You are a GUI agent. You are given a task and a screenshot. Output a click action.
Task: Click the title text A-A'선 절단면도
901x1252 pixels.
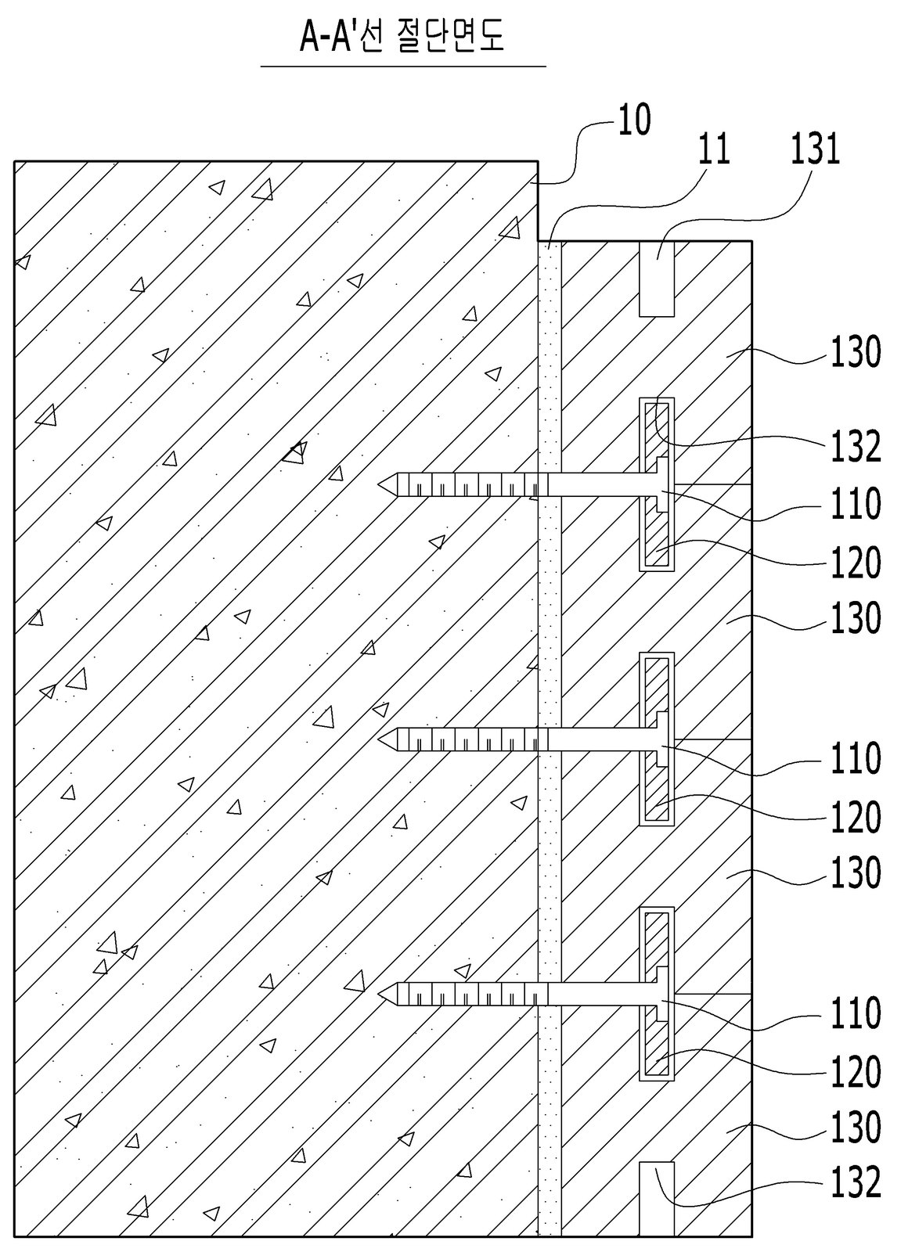402,38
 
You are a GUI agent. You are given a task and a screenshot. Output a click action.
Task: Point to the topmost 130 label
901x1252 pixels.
856,353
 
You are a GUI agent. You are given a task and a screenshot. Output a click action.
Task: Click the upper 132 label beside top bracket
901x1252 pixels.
856,447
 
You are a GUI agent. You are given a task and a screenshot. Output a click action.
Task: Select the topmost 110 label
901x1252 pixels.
856,504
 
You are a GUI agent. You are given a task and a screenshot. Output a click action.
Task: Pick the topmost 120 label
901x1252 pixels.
856,563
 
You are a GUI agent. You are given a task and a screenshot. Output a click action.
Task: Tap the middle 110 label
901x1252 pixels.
856,758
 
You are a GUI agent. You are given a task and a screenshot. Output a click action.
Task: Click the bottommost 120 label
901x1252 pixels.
856,1072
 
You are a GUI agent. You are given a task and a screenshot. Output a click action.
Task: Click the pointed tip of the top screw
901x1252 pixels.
380,484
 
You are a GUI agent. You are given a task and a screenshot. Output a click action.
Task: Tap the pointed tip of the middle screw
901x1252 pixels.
380,739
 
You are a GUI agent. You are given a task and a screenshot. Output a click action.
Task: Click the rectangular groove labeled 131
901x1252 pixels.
657,279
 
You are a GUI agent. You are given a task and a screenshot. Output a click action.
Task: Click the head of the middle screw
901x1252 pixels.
664,739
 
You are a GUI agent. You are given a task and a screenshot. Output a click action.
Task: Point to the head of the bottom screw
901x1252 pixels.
664,994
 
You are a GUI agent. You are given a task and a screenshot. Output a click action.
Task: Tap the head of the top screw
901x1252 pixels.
664,484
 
